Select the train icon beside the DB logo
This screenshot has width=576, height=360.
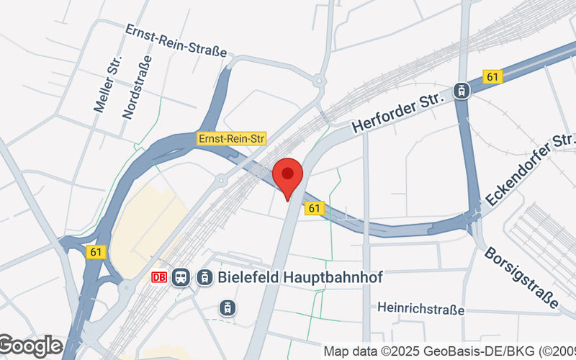point(181,277)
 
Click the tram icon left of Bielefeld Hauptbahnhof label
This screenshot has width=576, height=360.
point(205,277)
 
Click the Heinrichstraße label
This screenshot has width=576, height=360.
point(420,309)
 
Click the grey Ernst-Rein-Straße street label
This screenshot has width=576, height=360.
point(176,41)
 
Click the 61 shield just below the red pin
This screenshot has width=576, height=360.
point(314,208)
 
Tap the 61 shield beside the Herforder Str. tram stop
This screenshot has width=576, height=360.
point(492,76)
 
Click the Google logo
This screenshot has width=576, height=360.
point(30,346)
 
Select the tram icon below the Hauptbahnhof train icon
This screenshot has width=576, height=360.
point(228,307)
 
